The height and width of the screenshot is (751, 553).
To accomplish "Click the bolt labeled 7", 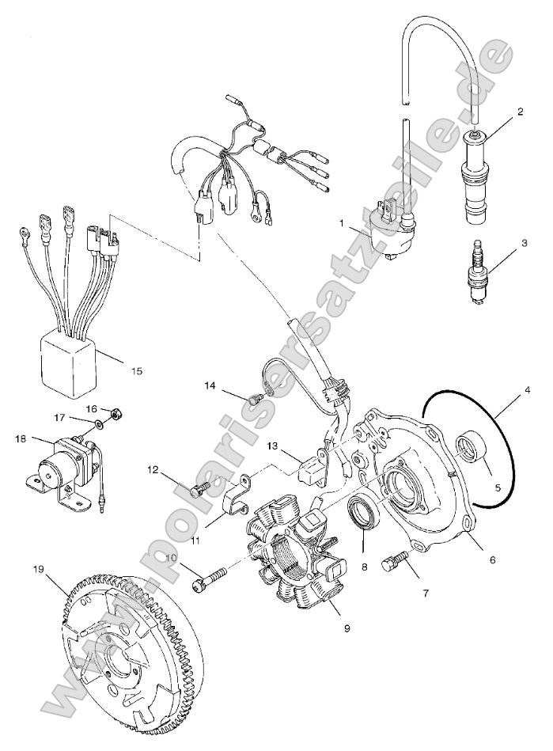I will click(396, 563).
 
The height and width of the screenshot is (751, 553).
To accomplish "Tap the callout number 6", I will click(492, 560).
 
